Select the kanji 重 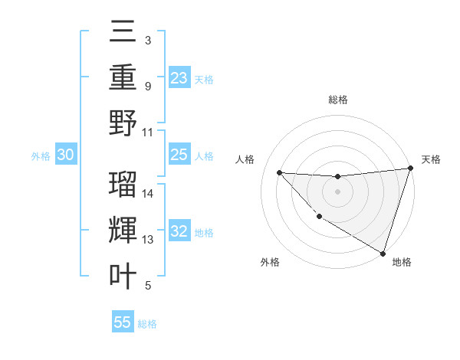123,77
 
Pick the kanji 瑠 123,183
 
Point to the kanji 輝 123,230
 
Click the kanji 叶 123,276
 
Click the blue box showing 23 179,77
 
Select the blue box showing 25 179,155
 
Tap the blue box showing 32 179,231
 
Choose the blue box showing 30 66,155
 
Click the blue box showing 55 123,322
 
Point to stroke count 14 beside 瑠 149,193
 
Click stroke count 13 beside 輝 149,240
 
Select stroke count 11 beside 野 149,131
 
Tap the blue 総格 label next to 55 147,324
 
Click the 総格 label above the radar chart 337,100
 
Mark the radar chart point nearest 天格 411,169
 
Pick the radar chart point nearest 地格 383,253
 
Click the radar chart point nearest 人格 279,172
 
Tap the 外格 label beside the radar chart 270,263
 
